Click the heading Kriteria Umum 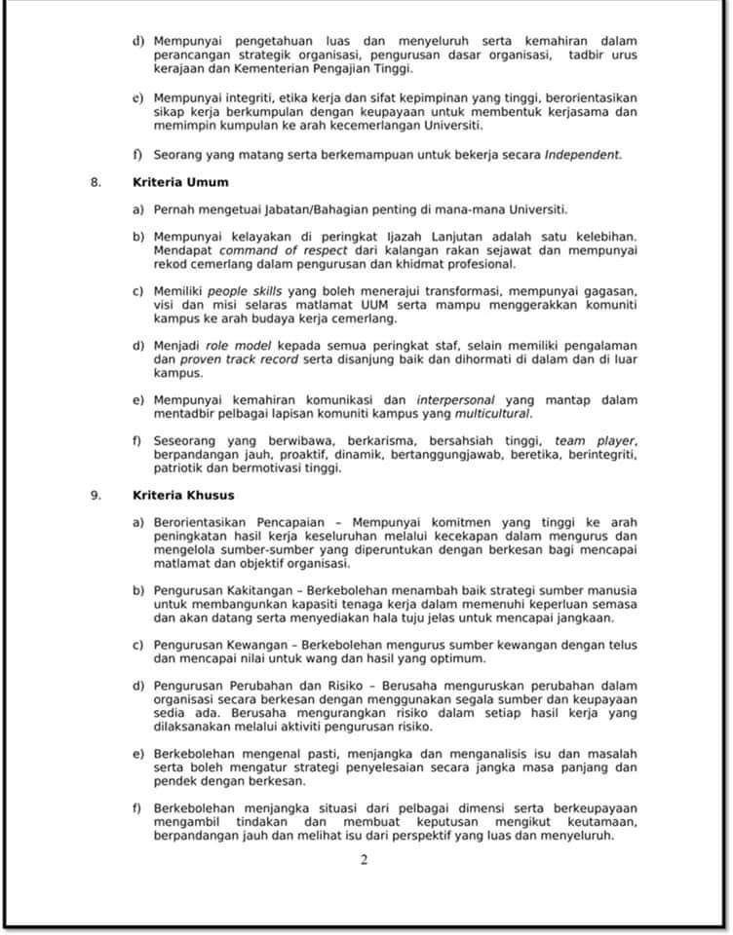pyautogui.click(x=180, y=181)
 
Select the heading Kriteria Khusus pyautogui.click(x=183, y=494)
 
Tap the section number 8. pyautogui.click(x=96, y=181)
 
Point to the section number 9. pyautogui.click(x=96, y=494)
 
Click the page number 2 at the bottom pyautogui.click(x=364, y=859)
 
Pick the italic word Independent pyautogui.click(x=582, y=154)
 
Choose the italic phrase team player pyautogui.click(x=595, y=440)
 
